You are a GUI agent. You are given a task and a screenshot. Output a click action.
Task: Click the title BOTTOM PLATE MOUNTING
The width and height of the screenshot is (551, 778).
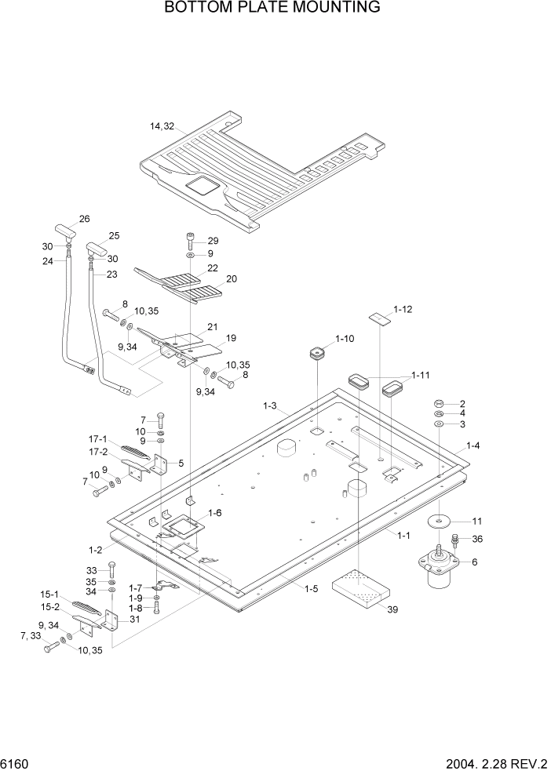pyautogui.click(x=272, y=8)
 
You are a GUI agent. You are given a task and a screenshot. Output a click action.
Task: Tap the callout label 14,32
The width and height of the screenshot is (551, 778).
pyautogui.click(x=162, y=126)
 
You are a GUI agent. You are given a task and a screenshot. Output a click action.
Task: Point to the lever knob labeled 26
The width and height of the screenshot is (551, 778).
pyautogui.click(x=64, y=231)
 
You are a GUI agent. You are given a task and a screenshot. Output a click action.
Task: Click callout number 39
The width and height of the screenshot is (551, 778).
pyautogui.click(x=392, y=611)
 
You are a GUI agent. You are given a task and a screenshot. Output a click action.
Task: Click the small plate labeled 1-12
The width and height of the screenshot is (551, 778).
pyautogui.click(x=381, y=318)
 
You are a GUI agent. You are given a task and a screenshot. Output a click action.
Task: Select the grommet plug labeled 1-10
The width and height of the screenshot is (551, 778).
pyautogui.click(x=316, y=354)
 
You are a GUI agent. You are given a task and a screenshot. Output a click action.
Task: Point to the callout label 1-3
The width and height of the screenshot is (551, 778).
pyautogui.click(x=269, y=406)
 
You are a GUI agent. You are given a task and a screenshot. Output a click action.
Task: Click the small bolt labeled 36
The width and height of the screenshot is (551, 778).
pyautogui.click(x=454, y=542)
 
